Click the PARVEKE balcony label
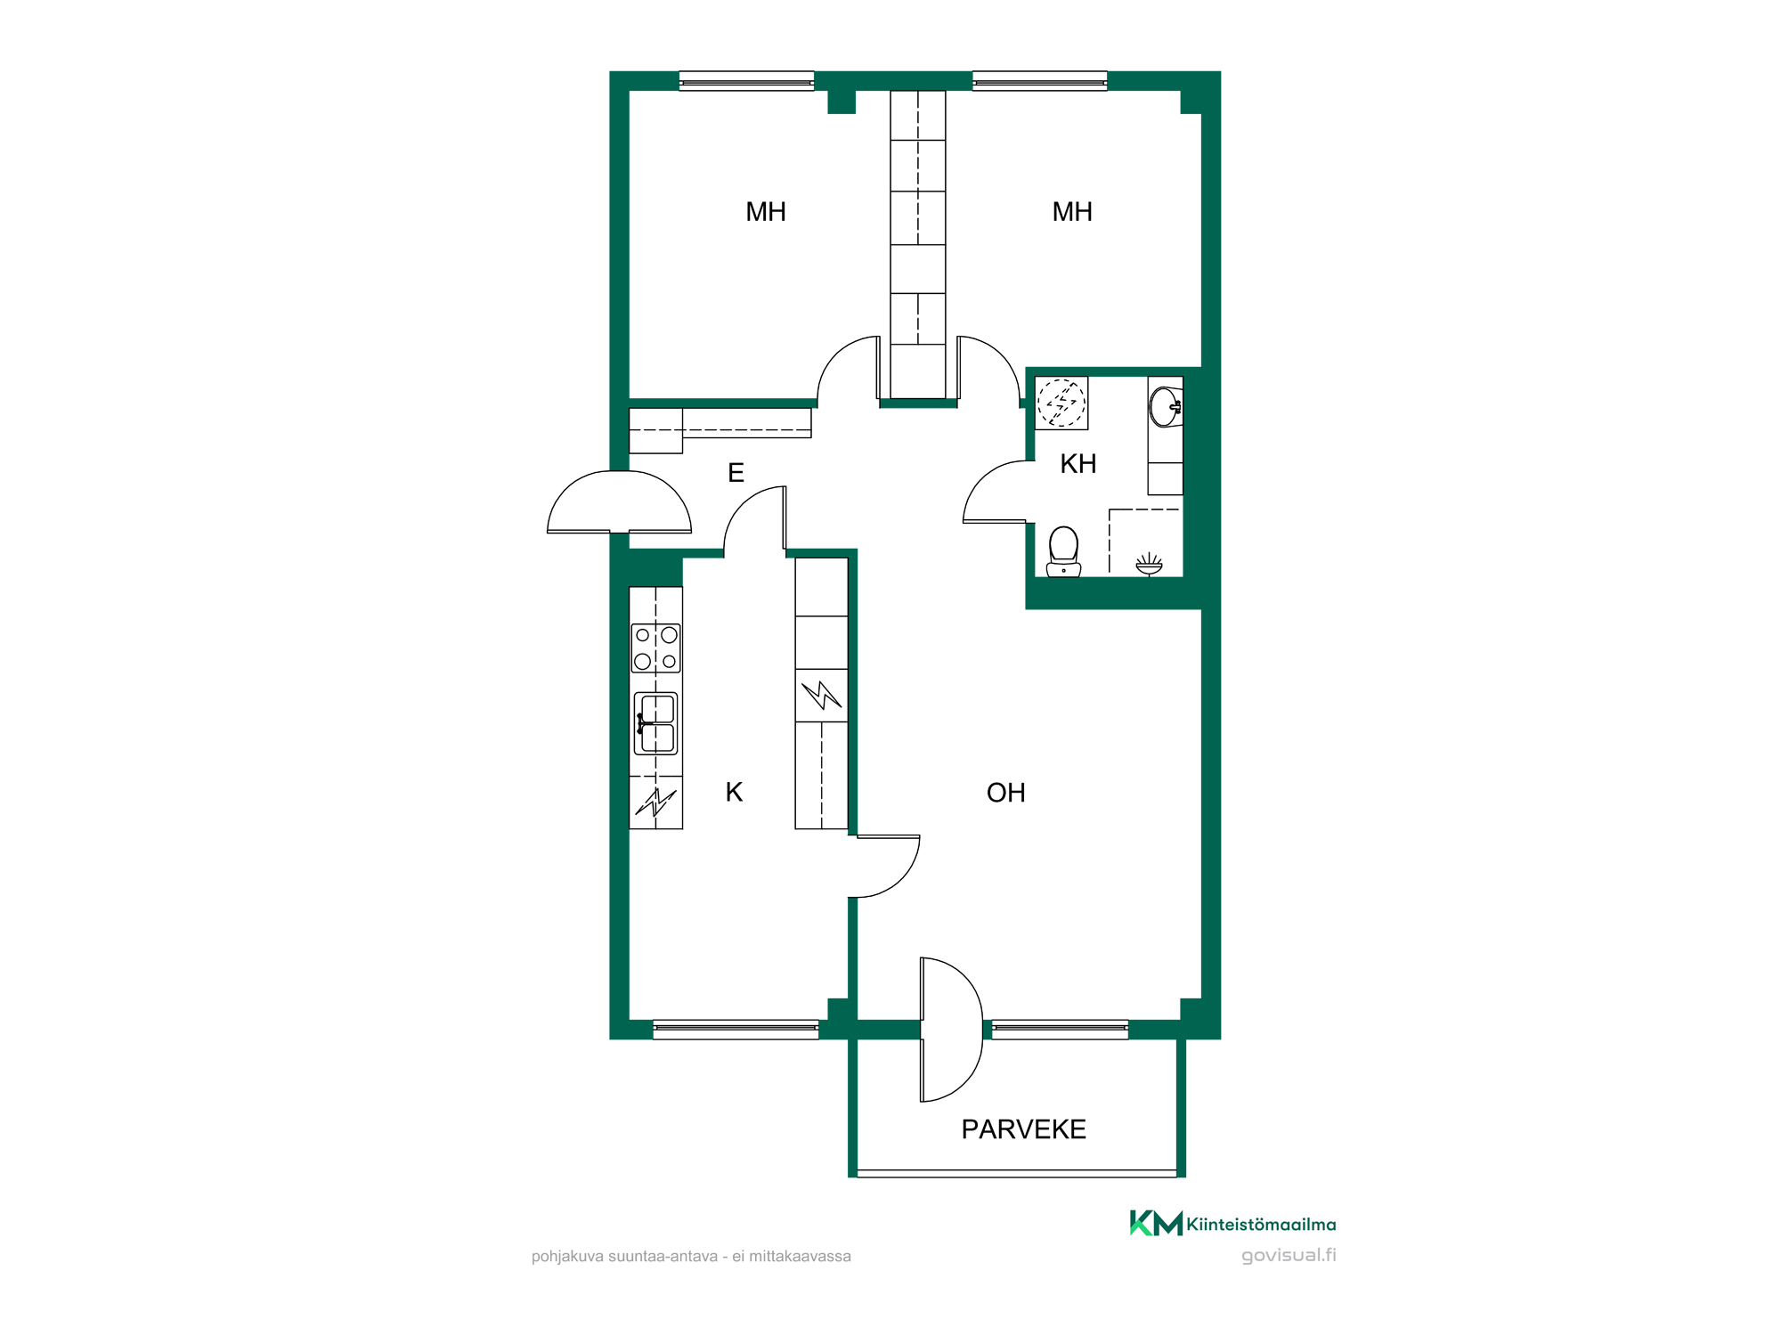click(1023, 1129)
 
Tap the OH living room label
click(1005, 793)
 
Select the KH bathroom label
click(1078, 464)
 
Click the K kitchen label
click(734, 792)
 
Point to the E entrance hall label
click(736, 473)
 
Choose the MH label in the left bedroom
click(766, 212)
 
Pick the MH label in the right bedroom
click(1072, 212)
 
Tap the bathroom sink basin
click(1165, 407)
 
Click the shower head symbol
click(1149, 564)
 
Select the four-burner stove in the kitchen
click(655, 648)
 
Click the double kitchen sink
click(656, 723)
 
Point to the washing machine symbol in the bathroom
click(1061, 403)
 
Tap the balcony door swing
click(951, 1030)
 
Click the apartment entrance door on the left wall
click(619, 502)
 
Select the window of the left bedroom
click(746, 81)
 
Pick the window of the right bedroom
click(1039, 81)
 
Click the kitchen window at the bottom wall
click(736, 1030)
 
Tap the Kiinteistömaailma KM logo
click(1232, 1224)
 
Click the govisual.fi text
click(1289, 1255)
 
